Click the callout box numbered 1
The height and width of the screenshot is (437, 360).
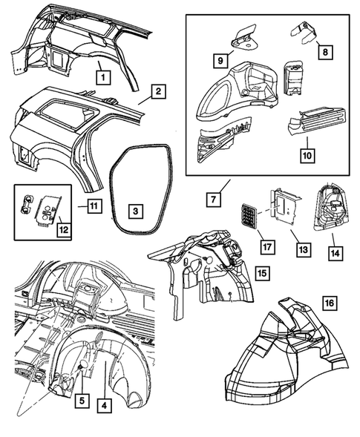pyautogui.click(x=105, y=74)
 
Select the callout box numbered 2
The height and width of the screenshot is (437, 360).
pyautogui.click(x=158, y=93)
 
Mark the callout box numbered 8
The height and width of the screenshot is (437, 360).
pyautogui.click(x=323, y=52)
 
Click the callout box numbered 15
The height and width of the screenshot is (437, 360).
pyautogui.click(x=262, y=274)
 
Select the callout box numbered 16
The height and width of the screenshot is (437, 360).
pyautogui.click(x=328, y=303)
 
